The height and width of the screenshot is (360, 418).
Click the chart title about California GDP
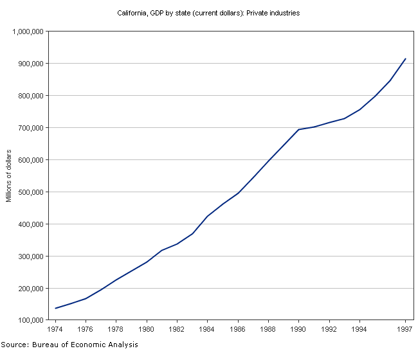point(208,13)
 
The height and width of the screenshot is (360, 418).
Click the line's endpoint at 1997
point(405,59)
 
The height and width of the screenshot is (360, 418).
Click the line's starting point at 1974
point(56,309)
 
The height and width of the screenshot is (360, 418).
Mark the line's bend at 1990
point(299,129)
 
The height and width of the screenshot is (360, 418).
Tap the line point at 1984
point(208,216)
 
